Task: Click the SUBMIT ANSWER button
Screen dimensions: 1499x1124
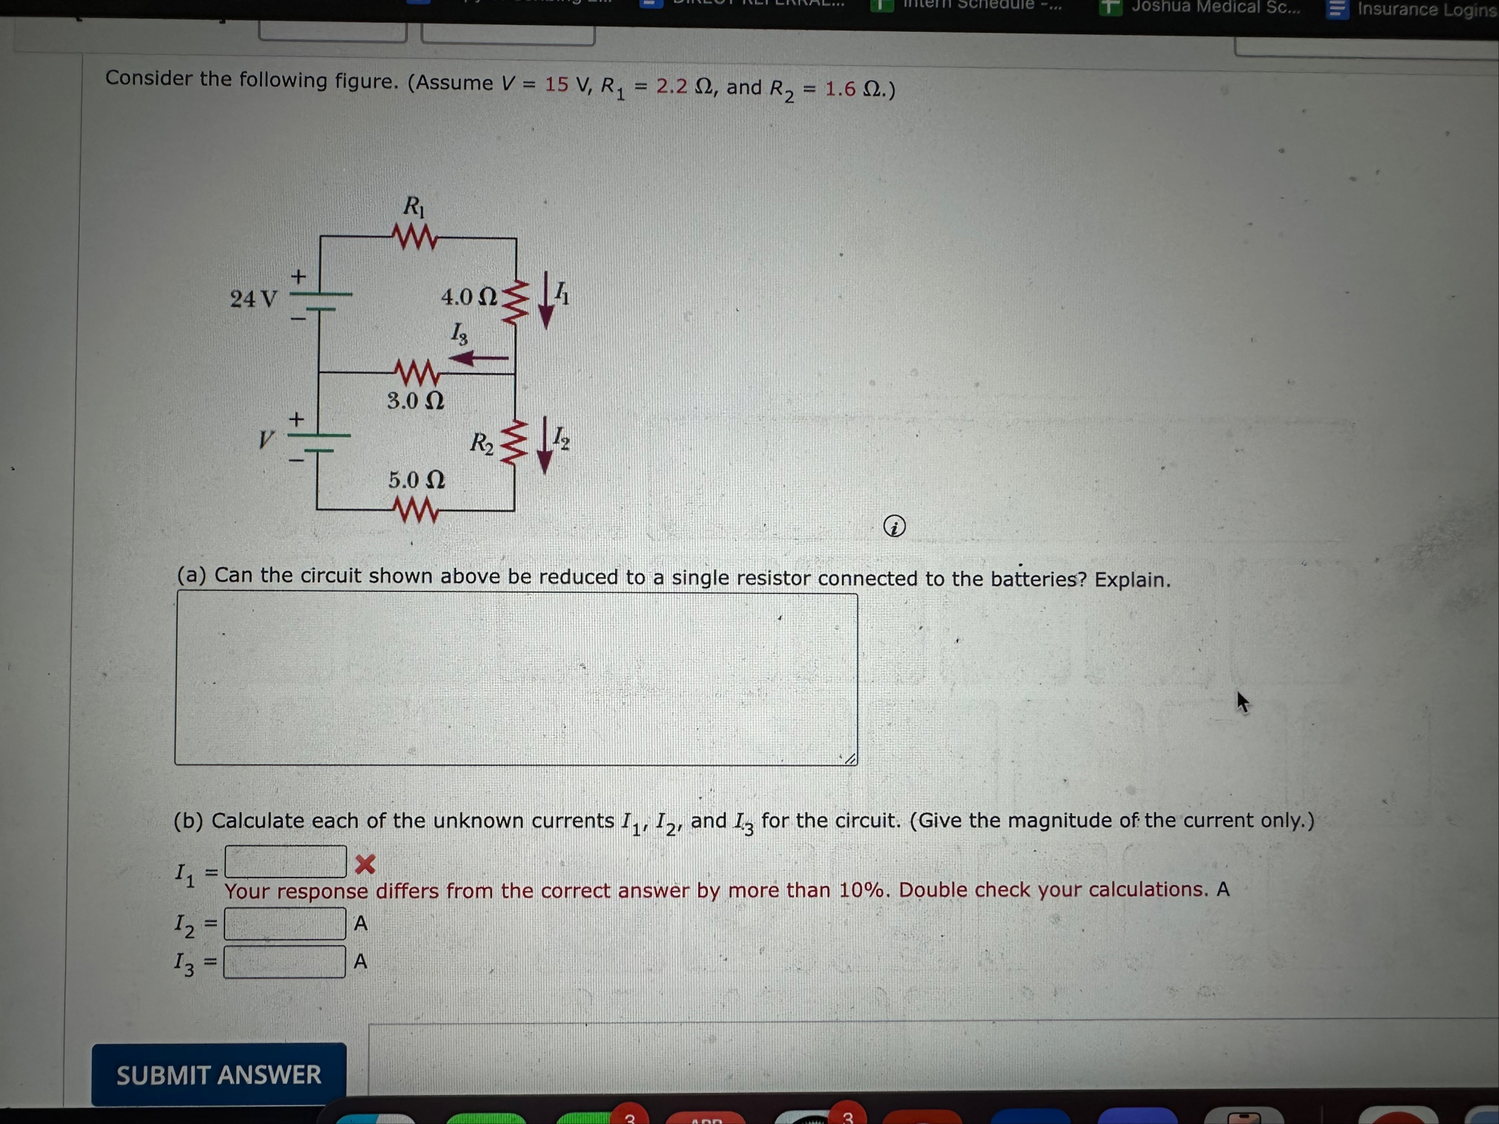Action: point(218,1074)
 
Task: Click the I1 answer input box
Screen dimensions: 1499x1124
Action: point(285,862)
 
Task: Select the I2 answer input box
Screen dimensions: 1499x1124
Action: point(285,924)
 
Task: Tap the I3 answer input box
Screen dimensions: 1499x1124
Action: point(285,962)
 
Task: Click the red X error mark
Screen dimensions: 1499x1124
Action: point(365,864)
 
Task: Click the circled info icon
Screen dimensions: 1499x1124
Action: point(894,526)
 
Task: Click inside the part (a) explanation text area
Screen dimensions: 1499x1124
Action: point(516,678)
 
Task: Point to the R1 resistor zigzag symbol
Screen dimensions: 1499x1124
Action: point(415,237)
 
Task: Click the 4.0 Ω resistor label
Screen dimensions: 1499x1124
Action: point(469,297)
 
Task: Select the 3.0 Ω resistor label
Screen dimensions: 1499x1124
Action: point(415,400)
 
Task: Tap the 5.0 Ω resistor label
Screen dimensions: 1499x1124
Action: point(416,480)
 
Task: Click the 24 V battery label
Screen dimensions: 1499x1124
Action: point(253,299)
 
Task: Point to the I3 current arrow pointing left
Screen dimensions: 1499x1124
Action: point(479,357)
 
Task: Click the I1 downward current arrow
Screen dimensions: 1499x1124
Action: point(545,300)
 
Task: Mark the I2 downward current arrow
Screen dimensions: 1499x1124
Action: point(544,445)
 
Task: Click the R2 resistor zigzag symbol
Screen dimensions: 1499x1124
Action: point(514,443)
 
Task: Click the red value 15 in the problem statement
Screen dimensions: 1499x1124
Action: point(556,84)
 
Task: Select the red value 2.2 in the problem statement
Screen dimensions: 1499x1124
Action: point(671,86)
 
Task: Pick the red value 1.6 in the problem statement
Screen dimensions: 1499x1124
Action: point(841,89)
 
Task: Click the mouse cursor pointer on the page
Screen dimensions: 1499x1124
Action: point(1242,702)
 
